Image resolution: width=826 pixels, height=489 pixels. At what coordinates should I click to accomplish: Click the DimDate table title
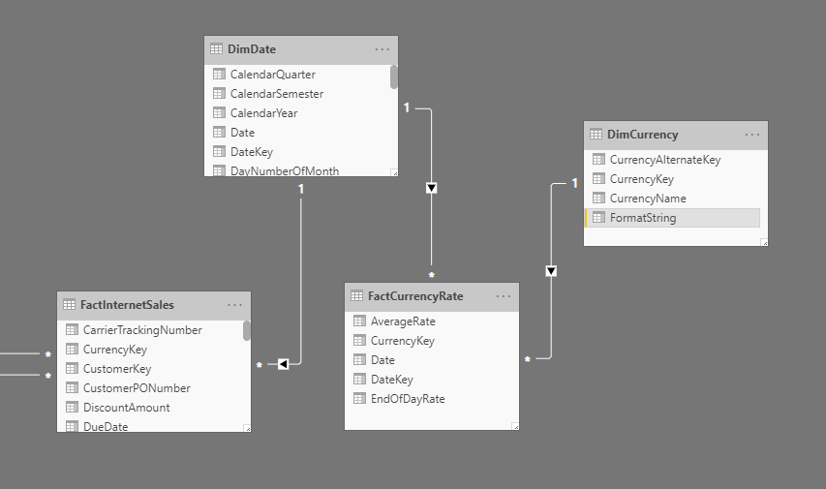tap(251, 49)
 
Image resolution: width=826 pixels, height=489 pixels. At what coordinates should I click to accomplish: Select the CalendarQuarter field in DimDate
tap(272, 75)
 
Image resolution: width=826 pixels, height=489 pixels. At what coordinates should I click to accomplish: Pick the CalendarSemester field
tap(276, 94)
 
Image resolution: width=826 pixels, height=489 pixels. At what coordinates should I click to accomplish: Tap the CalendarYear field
tap(263, 113)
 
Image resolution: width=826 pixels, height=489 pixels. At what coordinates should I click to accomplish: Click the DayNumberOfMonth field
tap(284, 171)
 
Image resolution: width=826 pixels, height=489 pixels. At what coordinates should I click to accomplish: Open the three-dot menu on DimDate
tap(382, 49)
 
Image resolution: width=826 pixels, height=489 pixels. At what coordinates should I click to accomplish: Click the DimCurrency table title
tap(642, 135)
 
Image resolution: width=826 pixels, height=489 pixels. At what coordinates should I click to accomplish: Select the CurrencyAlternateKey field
tap(664, 160)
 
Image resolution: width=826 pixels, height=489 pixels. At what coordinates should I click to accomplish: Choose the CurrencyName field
tap(647, 199)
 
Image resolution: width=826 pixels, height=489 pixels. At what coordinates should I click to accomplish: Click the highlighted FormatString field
tap(642, 218)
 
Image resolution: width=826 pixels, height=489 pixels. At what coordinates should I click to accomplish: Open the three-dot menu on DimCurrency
tap(752, 135)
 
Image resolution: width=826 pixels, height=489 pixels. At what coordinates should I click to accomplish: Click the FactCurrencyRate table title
tap(416, 296)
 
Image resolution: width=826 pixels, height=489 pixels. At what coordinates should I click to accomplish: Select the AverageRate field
tap(402, 321)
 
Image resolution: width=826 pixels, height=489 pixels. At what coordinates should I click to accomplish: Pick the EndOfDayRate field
tap(407, 399)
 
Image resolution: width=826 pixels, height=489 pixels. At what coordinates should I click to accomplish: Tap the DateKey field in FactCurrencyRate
tap(391, 380)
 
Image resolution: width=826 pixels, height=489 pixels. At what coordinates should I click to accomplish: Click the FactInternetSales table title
tap(128, 305)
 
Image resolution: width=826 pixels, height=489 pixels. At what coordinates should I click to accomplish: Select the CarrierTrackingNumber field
tap(141, 330)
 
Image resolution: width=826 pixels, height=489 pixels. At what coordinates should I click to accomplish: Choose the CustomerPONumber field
tap(136, 388)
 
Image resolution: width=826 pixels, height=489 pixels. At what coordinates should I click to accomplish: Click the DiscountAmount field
tap(126, 408)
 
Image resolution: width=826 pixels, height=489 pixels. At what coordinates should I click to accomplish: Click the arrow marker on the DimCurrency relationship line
tap(551, 271)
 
